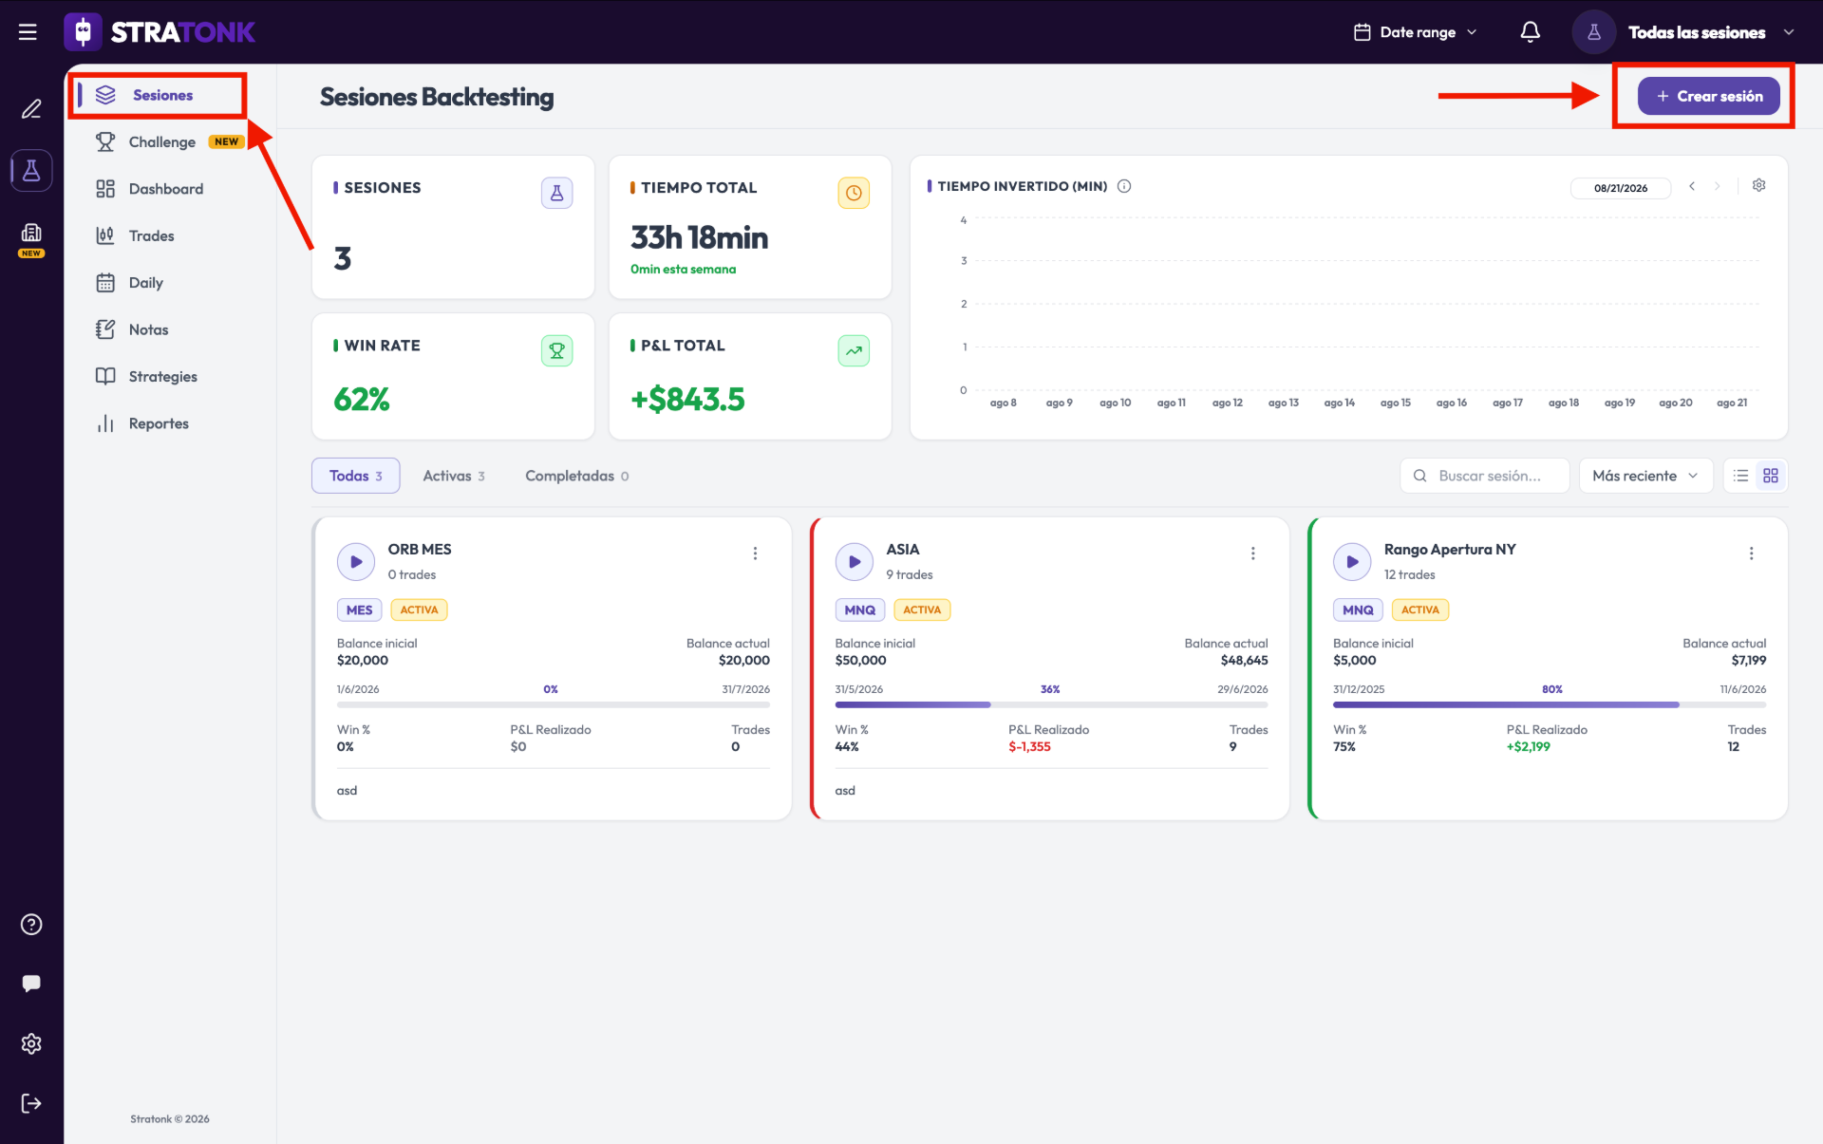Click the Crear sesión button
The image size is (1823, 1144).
(1708, 96)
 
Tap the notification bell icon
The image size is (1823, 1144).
(1530, 32)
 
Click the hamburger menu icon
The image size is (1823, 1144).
(28, 32)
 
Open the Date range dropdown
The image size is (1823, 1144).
(1416, 32)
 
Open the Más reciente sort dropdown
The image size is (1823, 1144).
(1645, 476)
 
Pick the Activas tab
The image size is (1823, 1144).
(454, 476)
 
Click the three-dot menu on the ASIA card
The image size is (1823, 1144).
(1252, 553)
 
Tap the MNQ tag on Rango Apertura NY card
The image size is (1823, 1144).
(1358, 610)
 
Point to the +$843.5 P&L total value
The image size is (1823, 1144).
(687, 400)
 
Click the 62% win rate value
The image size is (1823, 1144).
(362, 400)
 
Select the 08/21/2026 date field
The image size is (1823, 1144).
(1621, 188)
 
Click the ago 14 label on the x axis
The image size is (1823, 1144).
(1339, 403)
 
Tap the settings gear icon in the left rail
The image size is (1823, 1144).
(31, 1043)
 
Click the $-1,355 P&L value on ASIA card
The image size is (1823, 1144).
(1029, 746)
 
